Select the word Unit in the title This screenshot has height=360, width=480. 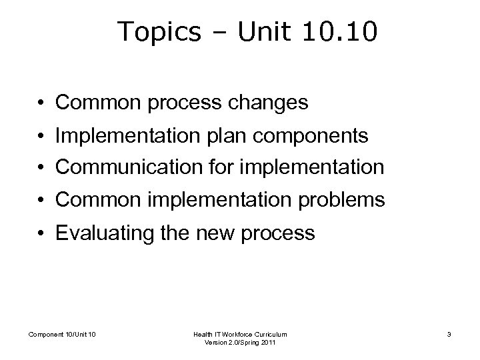(261, 32)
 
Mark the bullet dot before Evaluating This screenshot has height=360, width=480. (41, 234)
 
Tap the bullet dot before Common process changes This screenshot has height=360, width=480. (41, 103)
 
